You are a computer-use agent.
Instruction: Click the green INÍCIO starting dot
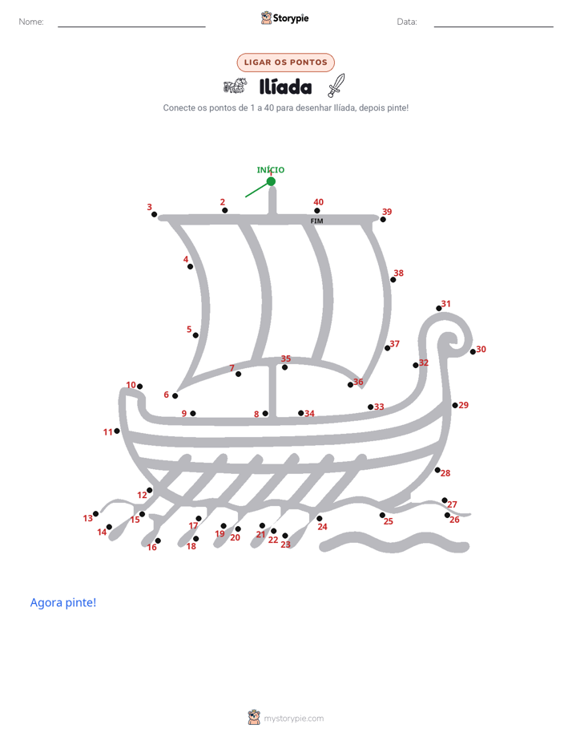click(x=271, y=181)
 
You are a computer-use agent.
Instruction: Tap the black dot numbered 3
click(x=155, y=215)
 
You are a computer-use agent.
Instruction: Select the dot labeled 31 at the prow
click(x=439, y=309)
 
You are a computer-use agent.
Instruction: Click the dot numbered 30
click(x=473, y=351)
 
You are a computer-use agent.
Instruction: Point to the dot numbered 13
click(x=96, y=514)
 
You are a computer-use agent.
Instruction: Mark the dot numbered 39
click(x=383, y=219)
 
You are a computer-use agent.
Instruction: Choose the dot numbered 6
click(x=175, y=396)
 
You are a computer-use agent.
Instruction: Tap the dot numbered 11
click(x=117, y=431)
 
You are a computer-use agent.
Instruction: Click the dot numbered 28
click(x=437, y=470)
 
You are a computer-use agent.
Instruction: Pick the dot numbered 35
click(x=284, y=367)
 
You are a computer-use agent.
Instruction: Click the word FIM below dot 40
click(x=316, y=221)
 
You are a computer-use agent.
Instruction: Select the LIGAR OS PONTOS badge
click(x=285, y=63)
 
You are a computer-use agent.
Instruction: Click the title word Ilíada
click(x=285, y=87)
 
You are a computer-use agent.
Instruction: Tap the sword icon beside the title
click(x=336, y=85)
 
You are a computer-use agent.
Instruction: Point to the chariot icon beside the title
click(x=235, y=86)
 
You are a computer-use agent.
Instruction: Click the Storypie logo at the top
click(x=285, y=18)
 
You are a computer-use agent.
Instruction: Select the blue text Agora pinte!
click(x=63, y=602)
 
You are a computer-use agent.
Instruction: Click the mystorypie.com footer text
click(x=293, y=719)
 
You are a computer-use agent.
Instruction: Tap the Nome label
click(x=31, y=22)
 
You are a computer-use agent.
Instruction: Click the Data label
click(x=407, y=22)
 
